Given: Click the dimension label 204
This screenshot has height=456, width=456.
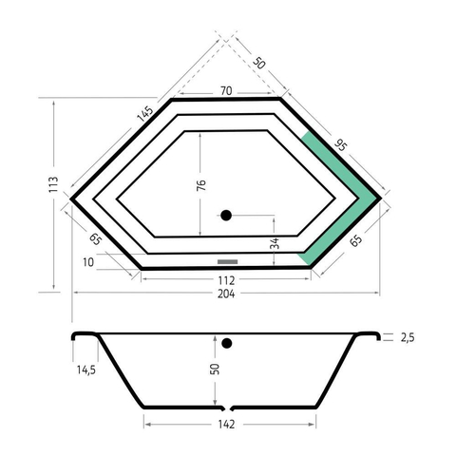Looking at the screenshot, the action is (x=226, y=294).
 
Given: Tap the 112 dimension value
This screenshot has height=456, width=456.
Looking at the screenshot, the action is (x=226, y=280).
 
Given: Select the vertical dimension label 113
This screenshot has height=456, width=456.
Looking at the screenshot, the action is (x=54, y=184).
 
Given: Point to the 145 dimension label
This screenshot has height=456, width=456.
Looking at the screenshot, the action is (x=144, y=114).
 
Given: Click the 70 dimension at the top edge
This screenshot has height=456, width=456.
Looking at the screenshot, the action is (x=226, y=91).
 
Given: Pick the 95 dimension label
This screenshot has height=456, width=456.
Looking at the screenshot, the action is (x=341, y=145).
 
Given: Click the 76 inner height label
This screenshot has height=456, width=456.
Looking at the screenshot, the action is (x=201, y=185).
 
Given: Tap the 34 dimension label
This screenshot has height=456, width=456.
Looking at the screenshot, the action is (x=275, y=243).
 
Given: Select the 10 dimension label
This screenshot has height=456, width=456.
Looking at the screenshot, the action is (x=88, y=262).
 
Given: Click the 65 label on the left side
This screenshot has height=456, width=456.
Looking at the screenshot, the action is (x=95, y=239).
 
